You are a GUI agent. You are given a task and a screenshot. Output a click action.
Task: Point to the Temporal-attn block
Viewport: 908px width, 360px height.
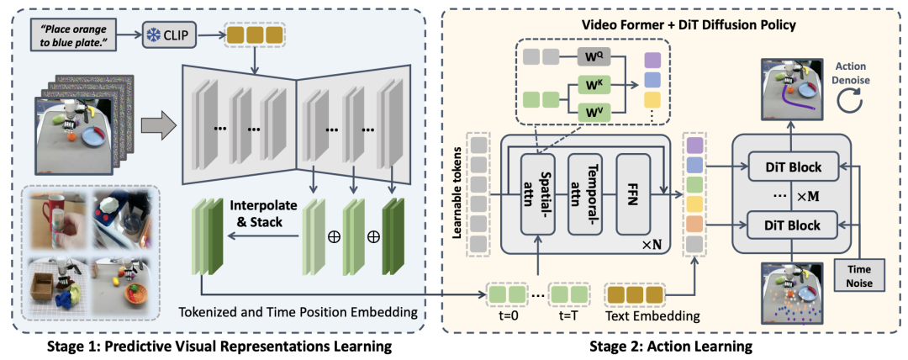[x=585, y=194]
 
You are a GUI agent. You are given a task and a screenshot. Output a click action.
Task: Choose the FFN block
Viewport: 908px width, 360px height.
[x=634, y=194]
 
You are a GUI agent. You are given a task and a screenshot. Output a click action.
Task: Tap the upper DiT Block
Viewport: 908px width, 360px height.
[x=793, y=167]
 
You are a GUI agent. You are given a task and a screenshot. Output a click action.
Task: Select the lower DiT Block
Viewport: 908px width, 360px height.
[x=793, y=223]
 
